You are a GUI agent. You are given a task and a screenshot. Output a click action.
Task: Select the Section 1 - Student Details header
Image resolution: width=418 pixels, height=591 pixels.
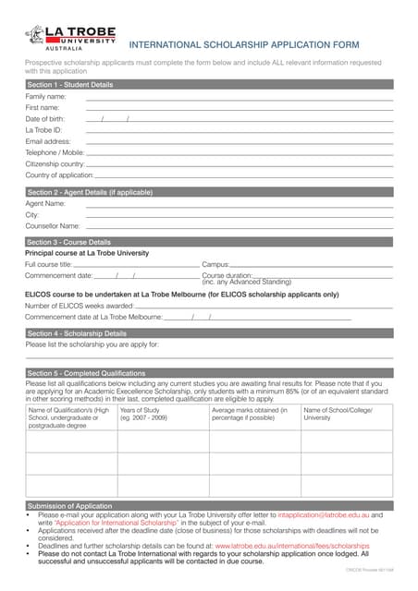[70, 85]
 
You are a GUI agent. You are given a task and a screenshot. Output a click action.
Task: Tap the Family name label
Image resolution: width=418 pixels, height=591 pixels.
[45, 96]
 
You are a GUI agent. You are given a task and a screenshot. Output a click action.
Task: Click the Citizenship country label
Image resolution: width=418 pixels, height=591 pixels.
[55, 163]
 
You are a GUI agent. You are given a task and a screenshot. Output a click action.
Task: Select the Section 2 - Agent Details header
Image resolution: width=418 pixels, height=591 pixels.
[90, 192]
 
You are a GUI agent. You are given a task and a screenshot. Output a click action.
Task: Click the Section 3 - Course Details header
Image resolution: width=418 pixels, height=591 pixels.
[69, 242]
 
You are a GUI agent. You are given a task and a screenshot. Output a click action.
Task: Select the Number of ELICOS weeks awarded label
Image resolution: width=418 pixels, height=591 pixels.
[79, 306]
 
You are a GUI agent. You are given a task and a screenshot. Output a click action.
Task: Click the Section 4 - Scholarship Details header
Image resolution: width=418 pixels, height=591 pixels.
[77, 333]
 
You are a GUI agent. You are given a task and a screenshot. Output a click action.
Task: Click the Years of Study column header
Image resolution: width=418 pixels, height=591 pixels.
[144, 414]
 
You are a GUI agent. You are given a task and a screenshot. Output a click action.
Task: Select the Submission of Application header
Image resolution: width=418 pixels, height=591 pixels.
[70, 506]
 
